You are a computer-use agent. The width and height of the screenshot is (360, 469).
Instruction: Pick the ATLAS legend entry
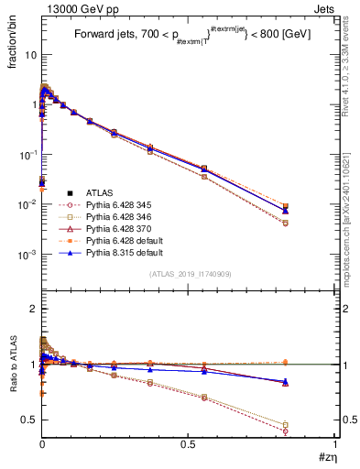click(100, 192)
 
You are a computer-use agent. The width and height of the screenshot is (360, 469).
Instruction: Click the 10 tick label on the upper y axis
click(30, 55)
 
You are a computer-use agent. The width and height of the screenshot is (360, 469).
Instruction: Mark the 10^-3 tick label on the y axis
click(27, 254)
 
